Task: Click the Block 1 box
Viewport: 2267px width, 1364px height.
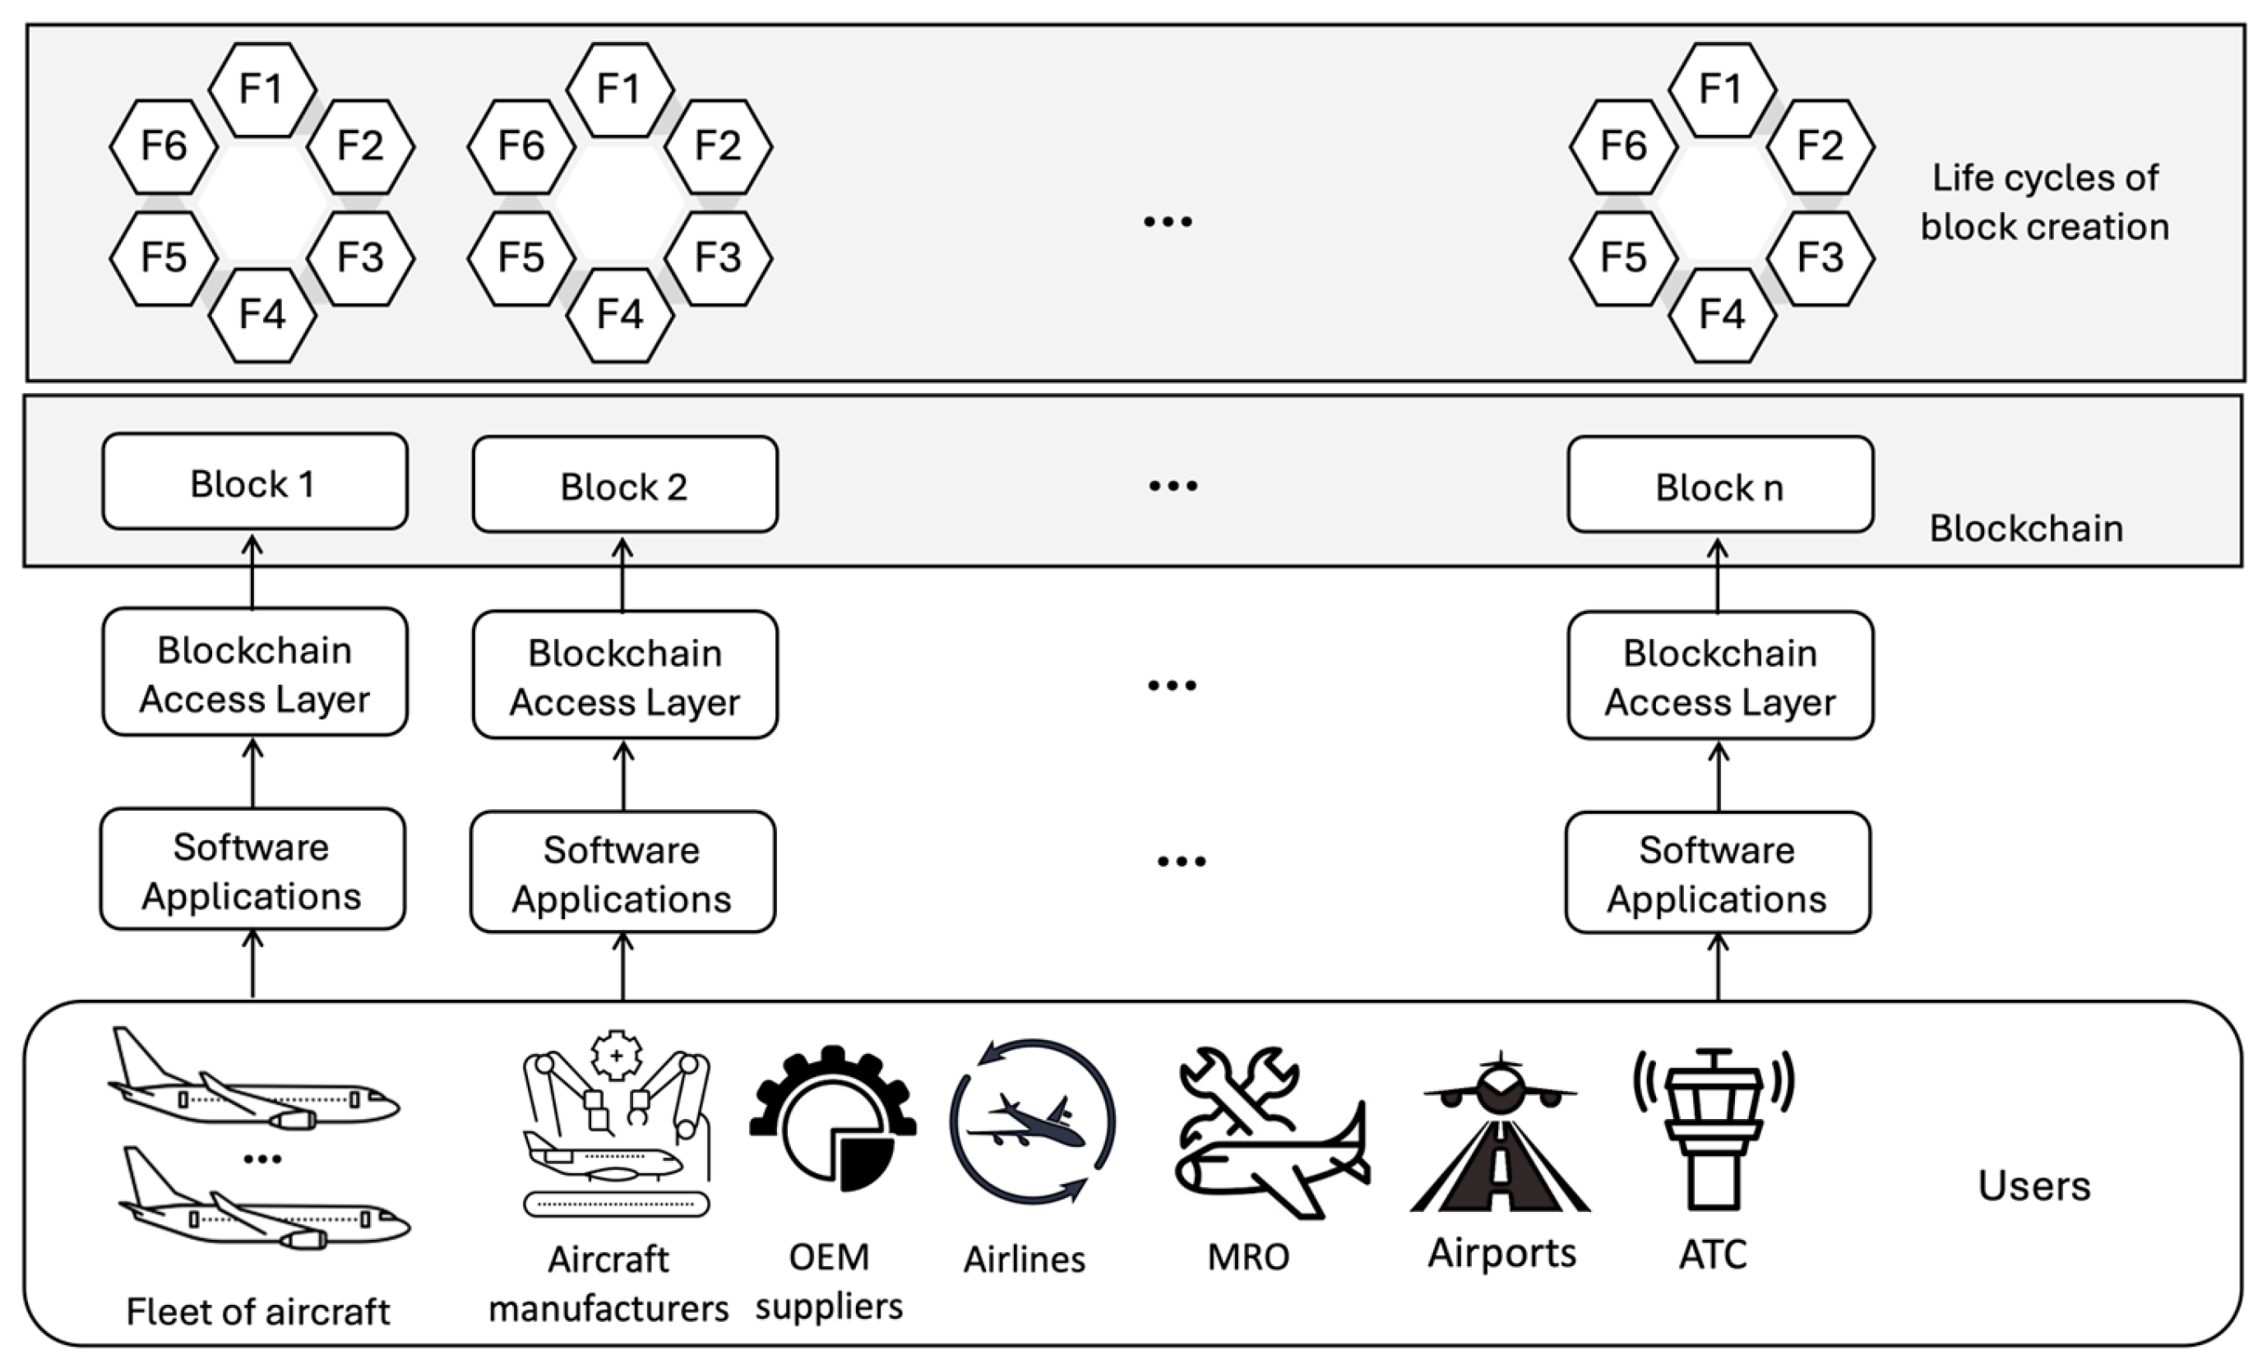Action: (255, 482)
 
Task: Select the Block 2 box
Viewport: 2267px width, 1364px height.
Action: (625, 484)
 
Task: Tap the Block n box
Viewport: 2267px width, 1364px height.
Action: (1720, 484)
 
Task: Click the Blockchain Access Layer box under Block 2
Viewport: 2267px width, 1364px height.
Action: (625, 675)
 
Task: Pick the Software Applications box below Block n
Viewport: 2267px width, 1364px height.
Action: (1718, 872)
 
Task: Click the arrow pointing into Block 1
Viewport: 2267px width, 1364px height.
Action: (252, 571)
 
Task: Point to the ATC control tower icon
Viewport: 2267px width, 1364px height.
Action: (1714, 1129)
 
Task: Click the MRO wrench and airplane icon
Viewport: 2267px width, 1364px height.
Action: (1272, 1133)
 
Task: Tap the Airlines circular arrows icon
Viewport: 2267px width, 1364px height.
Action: (1032, 1121)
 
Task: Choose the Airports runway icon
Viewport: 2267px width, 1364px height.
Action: (1500, 1132)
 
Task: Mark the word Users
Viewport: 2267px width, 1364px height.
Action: (2033, 1186)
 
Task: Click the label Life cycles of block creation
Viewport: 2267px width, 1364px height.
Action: (2045, 202)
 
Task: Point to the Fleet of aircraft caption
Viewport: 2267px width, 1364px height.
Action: (257, 1311)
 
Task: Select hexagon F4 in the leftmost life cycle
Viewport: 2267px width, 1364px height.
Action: (263, 315)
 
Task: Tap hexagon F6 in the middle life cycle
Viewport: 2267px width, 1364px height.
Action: (521, 146)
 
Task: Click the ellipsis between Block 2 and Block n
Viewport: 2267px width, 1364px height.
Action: (1173, 485)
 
